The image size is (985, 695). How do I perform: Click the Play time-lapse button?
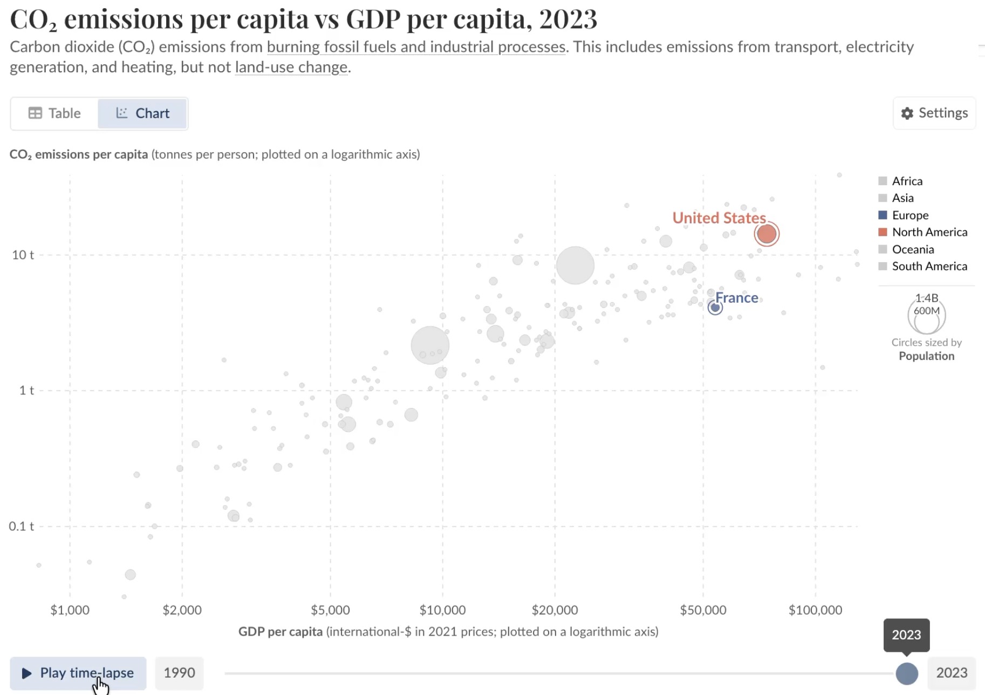pos(78,673)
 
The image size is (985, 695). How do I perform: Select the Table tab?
pos(54,113)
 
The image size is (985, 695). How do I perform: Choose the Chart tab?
pos(142,113)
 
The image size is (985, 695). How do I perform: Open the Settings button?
pos(934,113)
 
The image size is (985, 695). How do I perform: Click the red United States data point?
pos(767,234)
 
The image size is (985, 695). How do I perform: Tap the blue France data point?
pos(715,308)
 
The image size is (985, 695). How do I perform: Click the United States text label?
pos(719,218)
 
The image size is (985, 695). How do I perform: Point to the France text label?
pos(736,298)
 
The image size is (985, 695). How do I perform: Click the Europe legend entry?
pos(909,215)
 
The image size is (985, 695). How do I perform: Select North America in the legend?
pos(929,232)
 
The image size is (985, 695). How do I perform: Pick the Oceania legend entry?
pos(912,249)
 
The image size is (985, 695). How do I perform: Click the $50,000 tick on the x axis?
pos(703,610)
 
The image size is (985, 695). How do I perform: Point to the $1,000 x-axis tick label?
pos(70,610)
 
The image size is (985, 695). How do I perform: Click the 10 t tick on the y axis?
pos(23,255)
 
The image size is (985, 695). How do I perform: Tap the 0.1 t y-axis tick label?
pos(22,526)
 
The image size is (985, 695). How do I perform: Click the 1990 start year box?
pos(179,673)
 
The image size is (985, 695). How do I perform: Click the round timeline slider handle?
pos(907,673)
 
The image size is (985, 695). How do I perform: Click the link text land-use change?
pos(291,67)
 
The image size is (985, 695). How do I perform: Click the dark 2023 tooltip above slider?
pos(906,635)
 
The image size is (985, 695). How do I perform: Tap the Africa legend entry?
pos(907,181)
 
